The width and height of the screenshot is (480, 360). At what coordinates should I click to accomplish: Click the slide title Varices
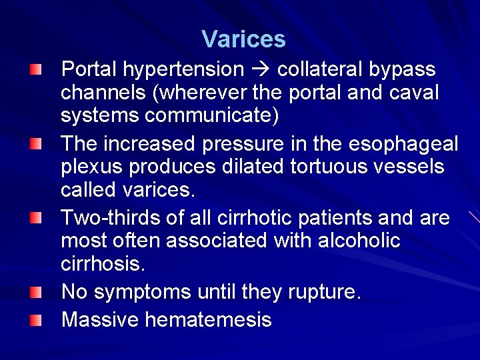[x=243, y=39]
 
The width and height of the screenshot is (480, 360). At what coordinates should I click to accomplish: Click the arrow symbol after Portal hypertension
[x=261, y=69]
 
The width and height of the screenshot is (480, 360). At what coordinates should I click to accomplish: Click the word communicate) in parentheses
[x=211, y=116]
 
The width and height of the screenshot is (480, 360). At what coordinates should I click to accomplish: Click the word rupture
[x=324, y=292]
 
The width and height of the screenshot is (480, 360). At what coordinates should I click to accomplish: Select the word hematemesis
[x=208, y=320]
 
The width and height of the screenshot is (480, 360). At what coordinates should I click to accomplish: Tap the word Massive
[x=100, y=320]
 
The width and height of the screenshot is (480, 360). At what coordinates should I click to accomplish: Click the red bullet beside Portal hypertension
[x=35, y=69]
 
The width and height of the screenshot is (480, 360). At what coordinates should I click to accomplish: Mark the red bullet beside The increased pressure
[x=35, y=144]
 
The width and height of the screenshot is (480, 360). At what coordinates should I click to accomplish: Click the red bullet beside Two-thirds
[x=35, y=218]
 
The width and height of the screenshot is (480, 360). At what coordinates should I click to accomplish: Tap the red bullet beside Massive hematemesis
[x=35, y=320]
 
